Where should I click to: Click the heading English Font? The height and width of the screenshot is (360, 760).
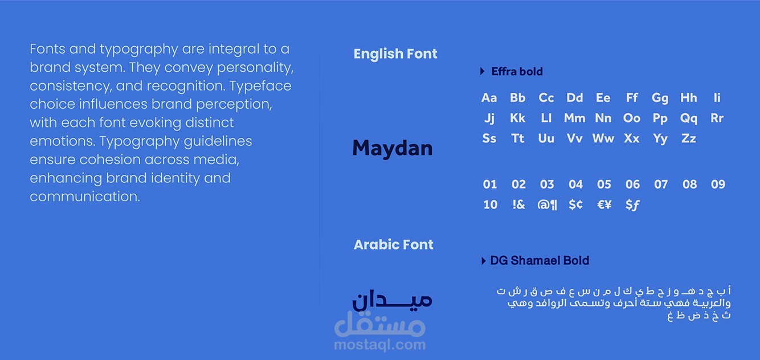(395, 54)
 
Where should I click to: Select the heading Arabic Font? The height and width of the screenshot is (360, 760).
(394, 244)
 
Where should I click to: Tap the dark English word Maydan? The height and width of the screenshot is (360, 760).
(393, 148)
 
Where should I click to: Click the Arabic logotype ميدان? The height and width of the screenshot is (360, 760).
(392, 300)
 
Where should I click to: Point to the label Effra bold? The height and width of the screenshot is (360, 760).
(517, 72)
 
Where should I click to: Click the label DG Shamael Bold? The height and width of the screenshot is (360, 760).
(540, 260)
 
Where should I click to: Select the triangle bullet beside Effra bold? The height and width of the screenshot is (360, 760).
(483, 71)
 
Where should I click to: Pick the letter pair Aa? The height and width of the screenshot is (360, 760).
(489, 98)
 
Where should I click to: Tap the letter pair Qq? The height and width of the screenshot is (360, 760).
(689, 118)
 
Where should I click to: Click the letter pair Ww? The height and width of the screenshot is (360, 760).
(603, 138)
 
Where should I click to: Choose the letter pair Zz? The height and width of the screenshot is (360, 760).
(688, 138)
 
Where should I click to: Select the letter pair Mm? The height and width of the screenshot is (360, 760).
(574, 118)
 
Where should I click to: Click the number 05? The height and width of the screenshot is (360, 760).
(604, 184)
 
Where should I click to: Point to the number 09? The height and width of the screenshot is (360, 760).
(718, 184)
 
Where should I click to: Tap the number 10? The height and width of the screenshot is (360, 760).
(491, 204)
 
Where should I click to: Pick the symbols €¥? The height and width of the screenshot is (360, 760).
(604, 204)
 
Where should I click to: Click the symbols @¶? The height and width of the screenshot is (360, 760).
(547, 205)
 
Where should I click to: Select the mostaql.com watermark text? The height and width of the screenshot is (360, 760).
(379, 345)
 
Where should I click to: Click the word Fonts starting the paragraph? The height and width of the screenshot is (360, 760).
(47, 49)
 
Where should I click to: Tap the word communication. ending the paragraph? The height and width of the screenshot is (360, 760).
(85, 197)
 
